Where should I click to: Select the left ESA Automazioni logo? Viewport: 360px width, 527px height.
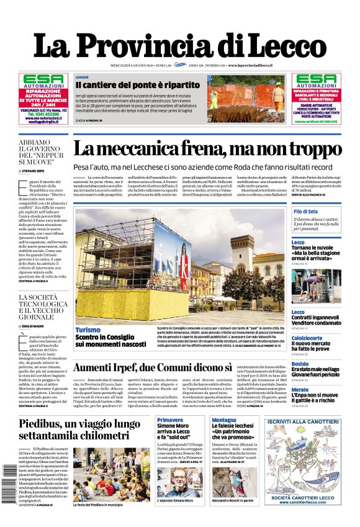tap(43, 81)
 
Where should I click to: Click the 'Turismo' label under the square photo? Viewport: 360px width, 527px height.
tap(88, 330)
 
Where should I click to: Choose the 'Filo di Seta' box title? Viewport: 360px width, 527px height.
tap(305, 212)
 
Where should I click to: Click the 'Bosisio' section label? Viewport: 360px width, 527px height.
tap(300, 363)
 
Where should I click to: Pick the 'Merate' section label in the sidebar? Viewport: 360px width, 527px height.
tap(300, 390)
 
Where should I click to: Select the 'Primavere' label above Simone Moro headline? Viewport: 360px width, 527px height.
tap(170, 420)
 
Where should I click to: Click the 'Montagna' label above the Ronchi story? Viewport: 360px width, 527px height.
tap(224, 420)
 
